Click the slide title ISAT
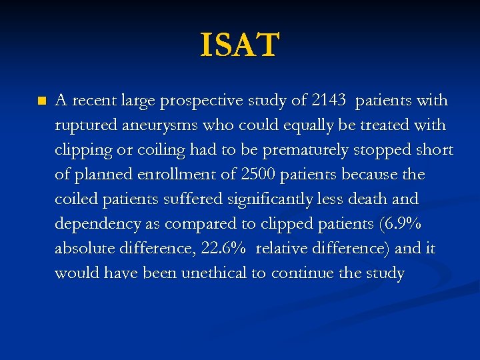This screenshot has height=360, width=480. pyautogui.click(x=240, y=45)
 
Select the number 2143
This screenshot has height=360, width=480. pyautogui.click(x=328, y=101)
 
